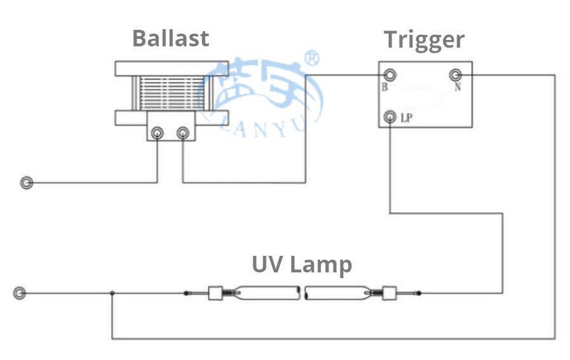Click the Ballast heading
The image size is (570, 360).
coord(170,38)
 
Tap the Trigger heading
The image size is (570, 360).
coord(424,39)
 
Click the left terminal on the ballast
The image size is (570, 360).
coord(157,133)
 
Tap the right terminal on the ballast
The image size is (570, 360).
coord(182,133)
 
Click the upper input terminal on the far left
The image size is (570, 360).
coord(27,183)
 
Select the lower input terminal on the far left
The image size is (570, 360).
coord(20,293)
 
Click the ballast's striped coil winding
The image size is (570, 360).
coord(172,93)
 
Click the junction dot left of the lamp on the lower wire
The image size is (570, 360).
coord(112,293)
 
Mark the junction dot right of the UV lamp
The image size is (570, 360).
coord(419,293)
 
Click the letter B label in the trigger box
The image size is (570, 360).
coord(384,88)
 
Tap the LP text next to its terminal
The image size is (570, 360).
coord(407,117)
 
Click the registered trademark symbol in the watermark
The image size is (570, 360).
coord(313,59)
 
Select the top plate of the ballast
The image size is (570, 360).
coord(172,68)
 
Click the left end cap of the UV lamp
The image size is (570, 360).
coord(216,293)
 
